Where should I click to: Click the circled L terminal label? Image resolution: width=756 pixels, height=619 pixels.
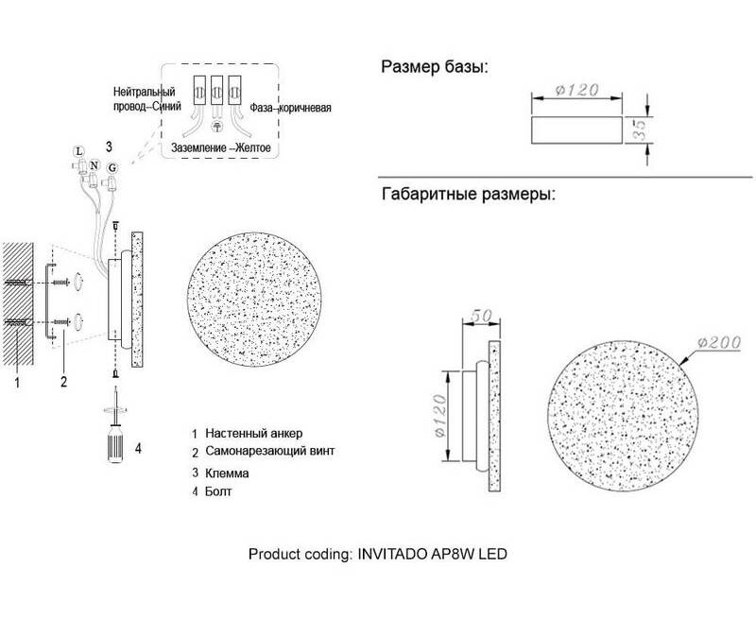pos(77,151)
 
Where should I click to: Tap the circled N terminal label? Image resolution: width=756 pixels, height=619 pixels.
pos(94,166)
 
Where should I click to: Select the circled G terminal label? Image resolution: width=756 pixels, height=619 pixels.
pos(112,168)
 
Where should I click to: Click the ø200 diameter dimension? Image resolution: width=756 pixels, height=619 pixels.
pos(718,342)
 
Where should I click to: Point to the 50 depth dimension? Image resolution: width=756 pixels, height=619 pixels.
pos(481,316)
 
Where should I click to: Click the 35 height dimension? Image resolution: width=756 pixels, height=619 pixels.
pos(640,129)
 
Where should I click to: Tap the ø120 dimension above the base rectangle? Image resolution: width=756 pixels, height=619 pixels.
pos(576,90)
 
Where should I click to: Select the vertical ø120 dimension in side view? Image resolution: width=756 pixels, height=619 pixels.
pos(439,416)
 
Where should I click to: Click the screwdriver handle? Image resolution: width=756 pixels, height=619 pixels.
pos(115,443)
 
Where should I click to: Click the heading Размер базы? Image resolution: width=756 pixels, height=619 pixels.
pos(435,66)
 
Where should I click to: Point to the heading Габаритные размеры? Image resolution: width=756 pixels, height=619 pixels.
pos(469,194)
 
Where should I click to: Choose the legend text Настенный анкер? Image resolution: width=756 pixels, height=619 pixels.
pos(254,433)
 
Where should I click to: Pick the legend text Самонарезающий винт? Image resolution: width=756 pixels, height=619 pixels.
pos(270,451)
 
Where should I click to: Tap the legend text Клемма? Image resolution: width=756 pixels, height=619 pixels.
pos(227,473)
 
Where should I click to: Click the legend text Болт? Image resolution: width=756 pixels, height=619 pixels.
pos(218,491)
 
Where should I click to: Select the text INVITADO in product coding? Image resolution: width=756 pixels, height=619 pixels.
pos(391,554)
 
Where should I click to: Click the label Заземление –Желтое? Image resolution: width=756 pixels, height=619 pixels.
pos(221,147)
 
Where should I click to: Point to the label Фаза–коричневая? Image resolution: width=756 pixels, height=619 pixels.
pos(290,108)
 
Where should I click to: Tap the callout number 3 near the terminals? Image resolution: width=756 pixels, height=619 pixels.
pos(109,146)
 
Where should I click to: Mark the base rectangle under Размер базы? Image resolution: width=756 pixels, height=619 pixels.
pos(576,129)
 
